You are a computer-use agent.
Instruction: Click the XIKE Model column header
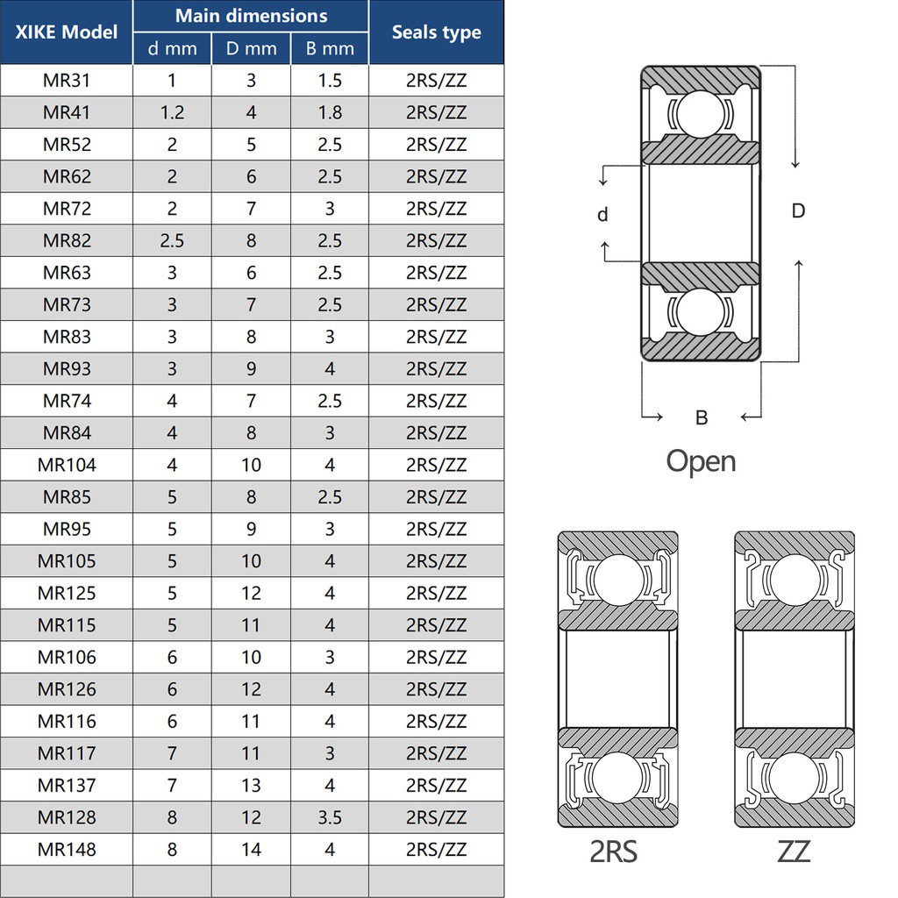click(x=67, y=32)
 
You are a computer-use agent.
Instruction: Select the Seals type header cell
click(x=436, y=32)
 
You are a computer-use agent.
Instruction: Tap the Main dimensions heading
click(x=251, y=16)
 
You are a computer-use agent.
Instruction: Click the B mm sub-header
click(x=330, y=49)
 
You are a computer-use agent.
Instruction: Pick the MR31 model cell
click(x=67, y=81)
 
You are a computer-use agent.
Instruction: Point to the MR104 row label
click(x=67, y=465)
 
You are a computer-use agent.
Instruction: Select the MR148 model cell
click(x=67, y=849)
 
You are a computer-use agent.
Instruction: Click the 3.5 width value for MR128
click(x=330, y=817)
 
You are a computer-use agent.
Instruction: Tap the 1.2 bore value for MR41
click(x=172, y=112)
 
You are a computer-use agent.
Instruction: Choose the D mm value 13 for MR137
click(x=251, y=785)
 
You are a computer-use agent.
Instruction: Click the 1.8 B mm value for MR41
click(x=330, y=112)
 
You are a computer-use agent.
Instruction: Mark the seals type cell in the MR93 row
click(x=436, y=368)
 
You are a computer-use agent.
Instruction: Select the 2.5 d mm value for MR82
click(x=172, y=240)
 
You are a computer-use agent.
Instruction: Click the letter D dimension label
click(x=798, y=211)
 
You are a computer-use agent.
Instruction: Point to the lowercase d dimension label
click(x=602, y=215)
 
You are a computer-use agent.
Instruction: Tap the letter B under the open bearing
click(x=701, y=417)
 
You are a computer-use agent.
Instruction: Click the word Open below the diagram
click(x=701, y=461)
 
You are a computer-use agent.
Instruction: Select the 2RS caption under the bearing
click(x=614, y=851)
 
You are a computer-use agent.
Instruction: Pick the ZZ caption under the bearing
click(x=794, y=851)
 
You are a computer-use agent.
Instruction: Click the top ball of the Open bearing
click(x=701, y=114)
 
